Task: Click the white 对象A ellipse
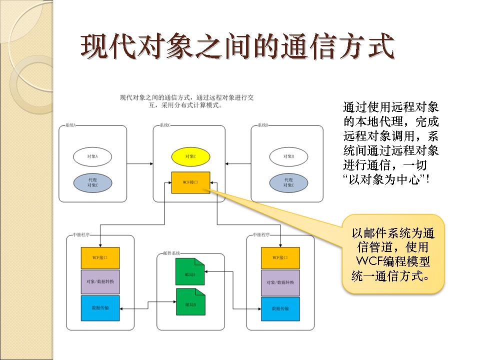point(92,156)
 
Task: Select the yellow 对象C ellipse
point(190,156)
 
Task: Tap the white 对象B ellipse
point(288,156)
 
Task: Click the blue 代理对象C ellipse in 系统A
point(92,182)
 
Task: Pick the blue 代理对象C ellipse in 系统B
point(288,182)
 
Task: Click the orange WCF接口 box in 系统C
point(190,182)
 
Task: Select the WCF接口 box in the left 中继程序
point(100,258)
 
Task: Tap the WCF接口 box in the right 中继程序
point(280,258)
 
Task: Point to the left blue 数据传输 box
point(100,308)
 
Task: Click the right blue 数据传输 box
point(280,308)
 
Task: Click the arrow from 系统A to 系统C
point(140,163)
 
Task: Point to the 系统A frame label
point(70,125)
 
